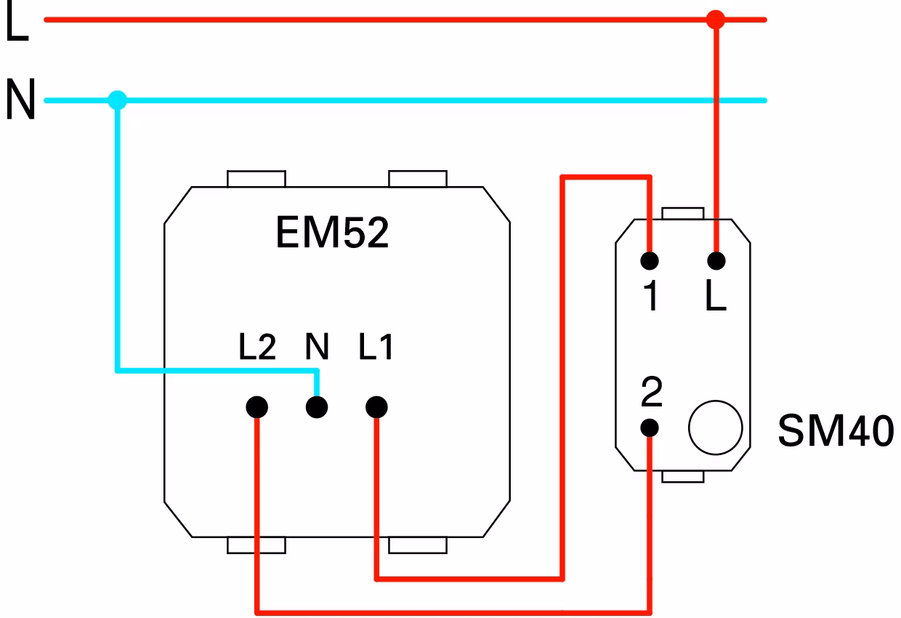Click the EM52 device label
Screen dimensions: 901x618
pos(332,233)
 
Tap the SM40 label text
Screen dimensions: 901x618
pos(836,431)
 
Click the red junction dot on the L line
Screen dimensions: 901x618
pos(716,20)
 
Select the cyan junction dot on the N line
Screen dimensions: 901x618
pos(118,100)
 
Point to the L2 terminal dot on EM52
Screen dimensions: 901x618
pos(257,407)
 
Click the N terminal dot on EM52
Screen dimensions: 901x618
pos(317,407)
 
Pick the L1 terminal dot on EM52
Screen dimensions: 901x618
pos(376,407)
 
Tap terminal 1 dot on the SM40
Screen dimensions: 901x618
pos(650,261)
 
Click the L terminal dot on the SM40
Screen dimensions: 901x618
pos(716,261)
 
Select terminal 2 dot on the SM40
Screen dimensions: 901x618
pos(650,428)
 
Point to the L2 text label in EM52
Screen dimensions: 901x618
pos(257,347)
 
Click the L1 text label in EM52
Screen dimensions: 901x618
pos(376,347)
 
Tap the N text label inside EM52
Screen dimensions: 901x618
pos(317,347)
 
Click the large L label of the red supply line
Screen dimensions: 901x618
pos(17,20)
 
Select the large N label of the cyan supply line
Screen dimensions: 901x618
pos(21,99)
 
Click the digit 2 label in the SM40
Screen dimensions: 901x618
pos(652,391)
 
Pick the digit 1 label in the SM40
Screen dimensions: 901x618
pos(650,295)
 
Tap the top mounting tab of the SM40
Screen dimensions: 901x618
pos(683,213)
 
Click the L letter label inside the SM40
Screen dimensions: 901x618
pos(716,295)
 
